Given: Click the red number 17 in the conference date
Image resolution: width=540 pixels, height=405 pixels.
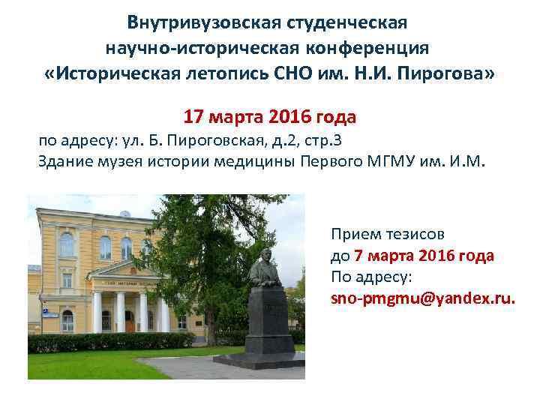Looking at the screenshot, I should (193, 118).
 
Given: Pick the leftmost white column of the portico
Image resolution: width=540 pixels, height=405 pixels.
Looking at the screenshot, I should (97, 310).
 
